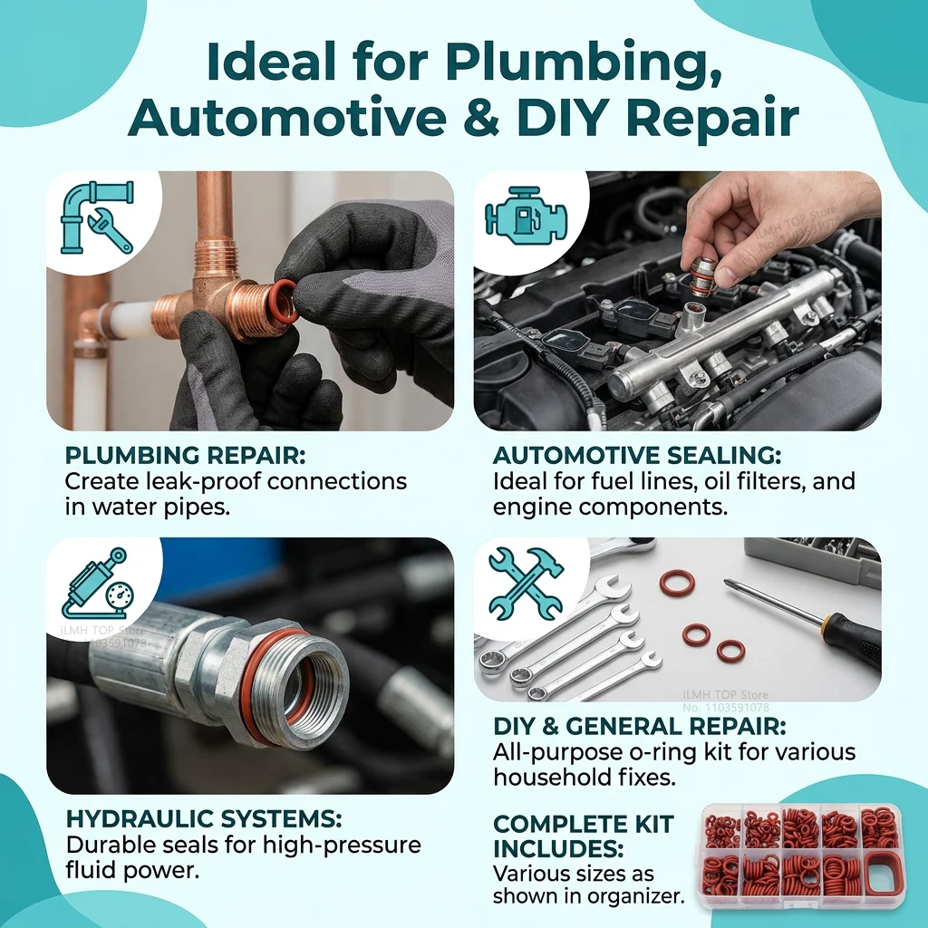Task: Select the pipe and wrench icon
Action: [x=96, y=217]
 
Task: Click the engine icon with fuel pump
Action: [x=525, y=214]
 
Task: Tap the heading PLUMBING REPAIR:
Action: [x=185, y=455]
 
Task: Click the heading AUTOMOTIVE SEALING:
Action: [x=637, y=455]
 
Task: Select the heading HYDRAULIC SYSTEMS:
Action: [x=204, y=819]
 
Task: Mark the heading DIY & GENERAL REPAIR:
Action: [x=640, y=726]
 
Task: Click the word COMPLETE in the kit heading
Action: [x=583, y=824]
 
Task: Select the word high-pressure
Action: [x=342, y=846]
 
